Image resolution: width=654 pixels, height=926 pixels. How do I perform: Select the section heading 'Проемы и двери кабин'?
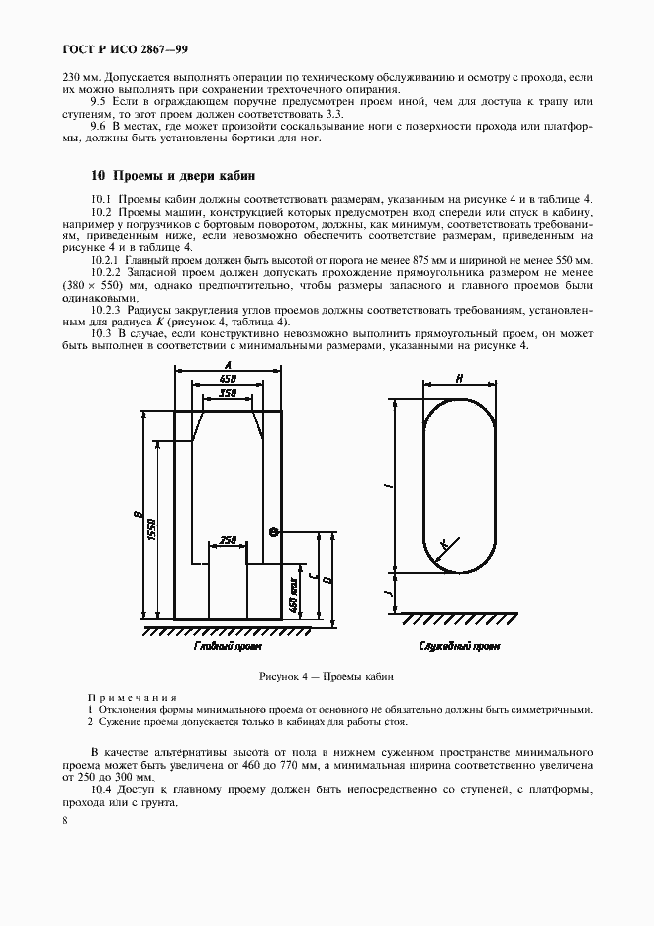(173, 176)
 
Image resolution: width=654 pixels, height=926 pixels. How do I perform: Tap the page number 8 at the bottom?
(64, 820)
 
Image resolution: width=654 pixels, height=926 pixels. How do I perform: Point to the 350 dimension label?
(227, 394)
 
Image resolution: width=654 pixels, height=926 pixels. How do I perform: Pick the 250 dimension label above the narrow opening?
(227, 540)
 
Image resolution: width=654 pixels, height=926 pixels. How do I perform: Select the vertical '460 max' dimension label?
(294, 591)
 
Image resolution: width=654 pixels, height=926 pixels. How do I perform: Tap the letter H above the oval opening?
(460, 378)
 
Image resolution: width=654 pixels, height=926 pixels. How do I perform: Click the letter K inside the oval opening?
(445, 545)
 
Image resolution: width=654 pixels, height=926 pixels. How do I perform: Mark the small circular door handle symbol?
(274, 531)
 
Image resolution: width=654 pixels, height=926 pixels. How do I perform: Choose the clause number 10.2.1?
(105, 259)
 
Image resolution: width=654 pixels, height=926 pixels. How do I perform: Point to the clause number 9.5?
(98, 102)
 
